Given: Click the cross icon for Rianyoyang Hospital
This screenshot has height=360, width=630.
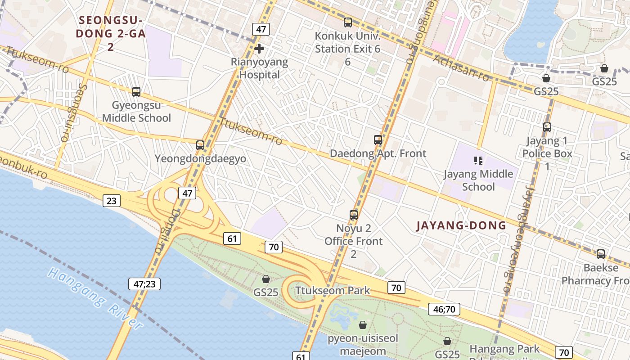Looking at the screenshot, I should pyautogui.click(x=259, y=49).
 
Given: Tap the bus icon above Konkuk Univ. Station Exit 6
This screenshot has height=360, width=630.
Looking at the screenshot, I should pyautogui.click(x=347, y=22).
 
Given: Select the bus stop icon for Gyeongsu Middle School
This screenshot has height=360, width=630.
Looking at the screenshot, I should pyautogui.click(x=136, y=92).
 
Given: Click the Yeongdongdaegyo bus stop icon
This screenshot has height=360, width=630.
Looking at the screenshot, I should pyautogui.click(x=200, y=145).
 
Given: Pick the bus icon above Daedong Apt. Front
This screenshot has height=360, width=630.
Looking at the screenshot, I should pyautogui.click(x=378, y=140).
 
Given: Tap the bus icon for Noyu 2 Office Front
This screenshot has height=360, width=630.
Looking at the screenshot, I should pyautogui.click(x=354, y=215).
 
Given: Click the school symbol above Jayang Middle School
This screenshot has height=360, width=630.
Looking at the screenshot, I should pyautogui.click(x=478, y=160).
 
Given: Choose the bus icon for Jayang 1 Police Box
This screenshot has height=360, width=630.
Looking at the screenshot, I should pyautogui.click(x=547, y=127).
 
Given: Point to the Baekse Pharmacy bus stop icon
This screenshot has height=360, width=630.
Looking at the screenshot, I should pyautogui.click(x=601, y=254).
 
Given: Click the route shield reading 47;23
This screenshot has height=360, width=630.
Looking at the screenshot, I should pyautogui.click(x=144, y=284).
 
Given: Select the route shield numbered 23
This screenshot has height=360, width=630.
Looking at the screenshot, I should pyautogui.click(x=111, y=201).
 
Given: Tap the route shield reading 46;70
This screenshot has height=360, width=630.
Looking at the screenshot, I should pyautogui.click(x=444, y=309).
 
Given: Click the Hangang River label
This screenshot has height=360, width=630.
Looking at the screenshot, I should pyautogui.click(x=94, y=298).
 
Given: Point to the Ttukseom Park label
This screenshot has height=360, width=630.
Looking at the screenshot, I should pyautogui.click(x=333, y=290).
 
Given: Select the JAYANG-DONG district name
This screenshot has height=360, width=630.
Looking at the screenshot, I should pyautogui.click(x=461, y=225).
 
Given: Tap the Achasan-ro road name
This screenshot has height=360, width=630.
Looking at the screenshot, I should pyautogui.click(x=461, y=68).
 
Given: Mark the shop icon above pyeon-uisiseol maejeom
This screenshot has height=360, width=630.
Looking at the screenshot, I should pyautogui.click(x=363, y=325).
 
